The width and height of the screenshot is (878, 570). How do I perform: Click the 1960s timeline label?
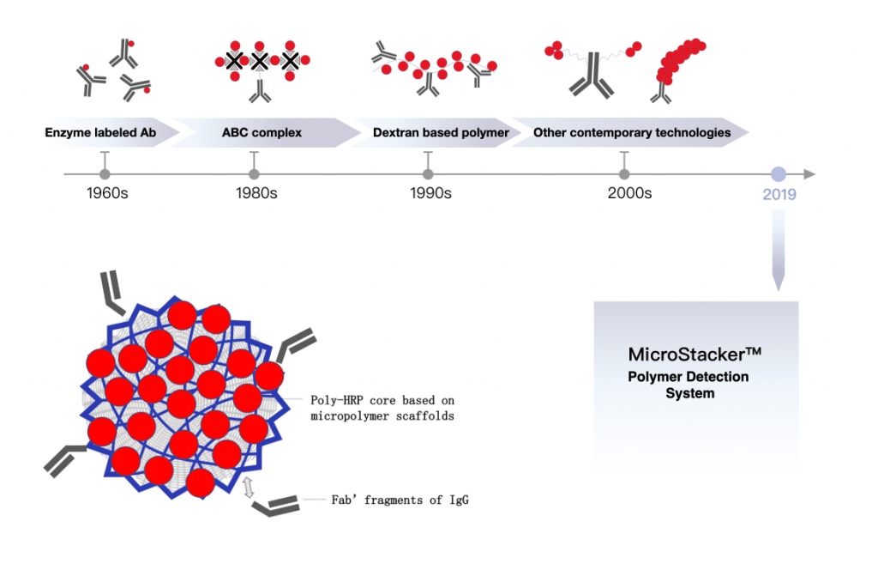point(107,193)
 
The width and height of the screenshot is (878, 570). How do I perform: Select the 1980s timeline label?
point(256,193)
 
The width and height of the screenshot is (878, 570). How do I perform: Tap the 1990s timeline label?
point(430,193)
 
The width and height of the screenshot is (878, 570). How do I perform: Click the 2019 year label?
point(779,195)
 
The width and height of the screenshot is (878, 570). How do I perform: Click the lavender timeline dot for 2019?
point(779,173)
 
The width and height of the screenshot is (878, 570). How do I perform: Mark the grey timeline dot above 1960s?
point(105,174)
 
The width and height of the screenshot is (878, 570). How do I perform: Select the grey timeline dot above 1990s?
point(428,174)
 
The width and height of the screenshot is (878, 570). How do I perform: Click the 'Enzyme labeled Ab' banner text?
point(99,133)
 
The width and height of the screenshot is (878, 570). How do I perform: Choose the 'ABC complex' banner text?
point(257,133)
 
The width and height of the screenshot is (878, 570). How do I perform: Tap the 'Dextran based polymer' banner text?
point(441,133)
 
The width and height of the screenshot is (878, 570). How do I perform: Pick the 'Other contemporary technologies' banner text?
point(632,133)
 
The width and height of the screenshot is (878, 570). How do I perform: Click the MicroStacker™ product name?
point(695,355)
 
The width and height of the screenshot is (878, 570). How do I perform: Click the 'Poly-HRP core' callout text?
point(382,408)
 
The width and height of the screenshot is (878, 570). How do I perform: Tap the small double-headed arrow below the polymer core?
point(249,488)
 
